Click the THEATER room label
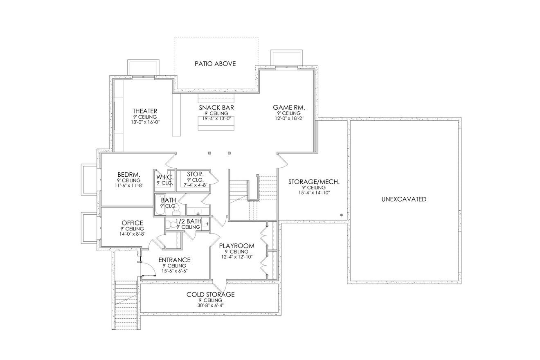(145, 111)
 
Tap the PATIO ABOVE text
(215, 64)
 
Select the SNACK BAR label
(216, 108)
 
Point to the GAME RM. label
(289, 108)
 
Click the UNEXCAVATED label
(404, 199)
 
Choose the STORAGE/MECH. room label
(314, 182)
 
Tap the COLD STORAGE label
(211, 295)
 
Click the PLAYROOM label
(236, 246)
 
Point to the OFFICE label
(132, 223)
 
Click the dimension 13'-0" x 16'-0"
(145, 122)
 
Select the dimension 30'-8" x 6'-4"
(211, 305)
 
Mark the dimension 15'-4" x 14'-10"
(314, 193)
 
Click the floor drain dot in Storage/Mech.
(341, 215)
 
